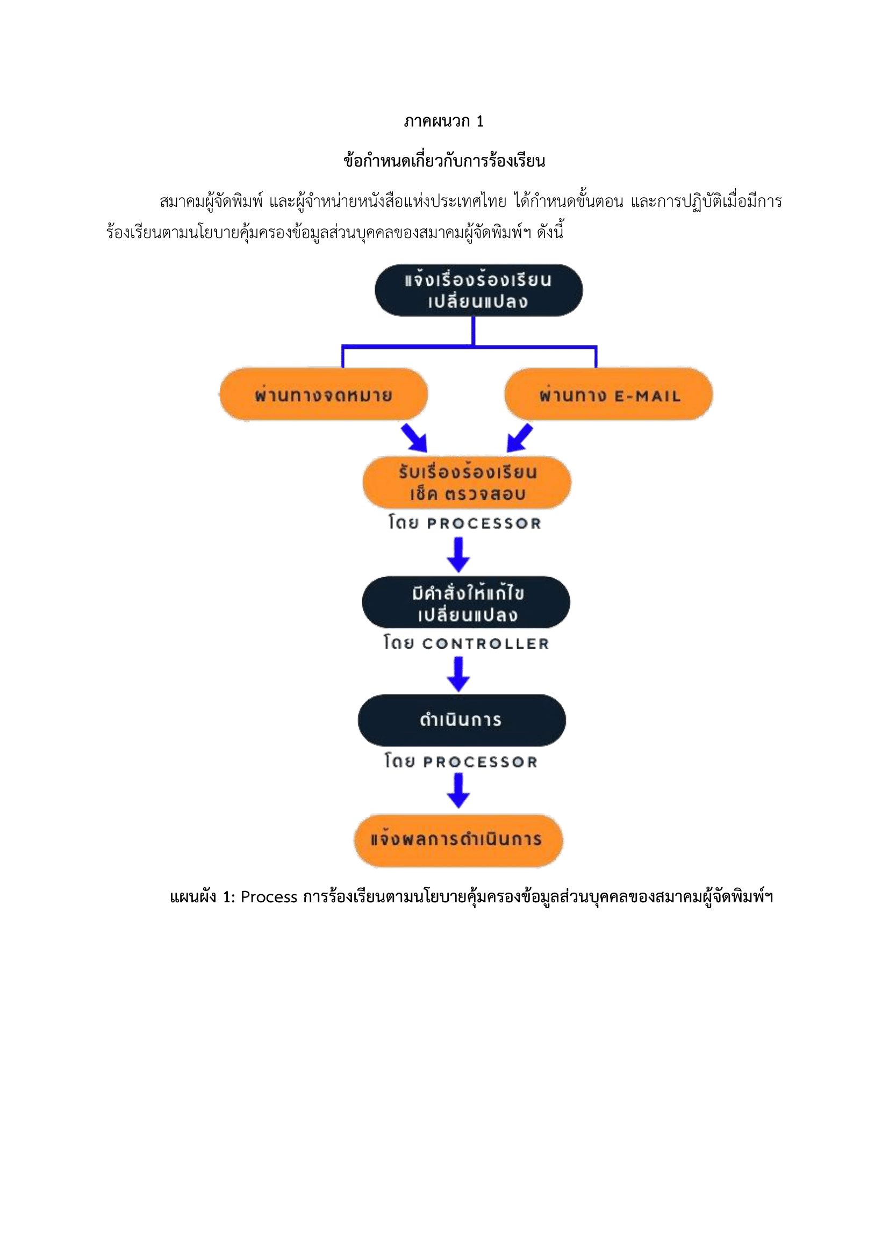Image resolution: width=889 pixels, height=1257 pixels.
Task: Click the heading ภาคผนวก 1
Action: coord(444,121)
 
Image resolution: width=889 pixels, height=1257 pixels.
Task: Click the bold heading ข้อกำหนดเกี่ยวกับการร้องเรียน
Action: coord(444,161)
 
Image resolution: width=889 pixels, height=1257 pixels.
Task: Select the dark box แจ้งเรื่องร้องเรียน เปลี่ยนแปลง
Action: coord(478,290)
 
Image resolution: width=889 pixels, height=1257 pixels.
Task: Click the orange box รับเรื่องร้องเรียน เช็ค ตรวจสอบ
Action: coord(467,482)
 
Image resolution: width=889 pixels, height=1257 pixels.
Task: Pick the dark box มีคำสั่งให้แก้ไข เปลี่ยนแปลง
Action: coord(466,602)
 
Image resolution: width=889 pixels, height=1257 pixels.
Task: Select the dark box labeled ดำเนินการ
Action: coord(462,720)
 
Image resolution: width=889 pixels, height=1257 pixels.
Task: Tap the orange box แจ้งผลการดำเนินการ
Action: coord(458,840)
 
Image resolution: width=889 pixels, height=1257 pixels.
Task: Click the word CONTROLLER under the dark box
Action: coord(485,644)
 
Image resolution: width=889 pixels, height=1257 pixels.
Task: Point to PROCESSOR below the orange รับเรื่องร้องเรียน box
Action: coord(484,523)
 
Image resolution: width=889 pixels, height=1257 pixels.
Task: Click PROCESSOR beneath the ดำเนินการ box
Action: coord(480,762)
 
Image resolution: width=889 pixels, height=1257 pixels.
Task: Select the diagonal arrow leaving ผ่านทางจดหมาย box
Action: coord(414,437)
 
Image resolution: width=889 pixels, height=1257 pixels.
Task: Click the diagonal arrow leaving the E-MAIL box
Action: coord(519,437)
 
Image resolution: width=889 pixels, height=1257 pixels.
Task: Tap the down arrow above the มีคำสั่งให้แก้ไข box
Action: coord(458,554)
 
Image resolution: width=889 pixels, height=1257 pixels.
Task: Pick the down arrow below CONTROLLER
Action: coord(458,674)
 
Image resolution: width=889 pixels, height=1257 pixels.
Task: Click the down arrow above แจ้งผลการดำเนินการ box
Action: coord(458,791)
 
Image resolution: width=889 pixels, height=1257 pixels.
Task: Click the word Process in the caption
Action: coord(269,897)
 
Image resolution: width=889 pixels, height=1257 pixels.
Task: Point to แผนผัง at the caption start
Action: coord(193,897)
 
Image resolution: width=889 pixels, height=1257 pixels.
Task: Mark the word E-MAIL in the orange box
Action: coord(648,396)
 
